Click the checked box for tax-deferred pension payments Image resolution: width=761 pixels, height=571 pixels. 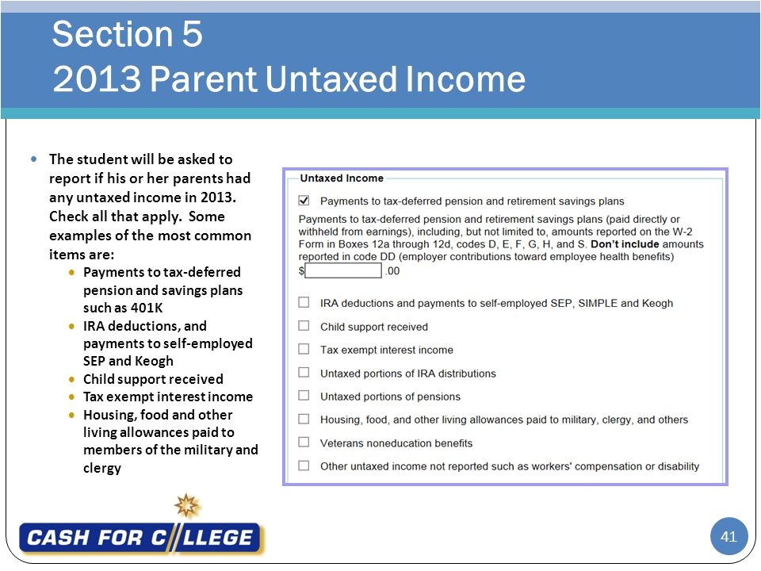click(x=304, y=201)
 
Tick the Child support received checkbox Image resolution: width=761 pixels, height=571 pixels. click(x=304, y=326)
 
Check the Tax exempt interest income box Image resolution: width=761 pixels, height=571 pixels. click(x=304, y=349)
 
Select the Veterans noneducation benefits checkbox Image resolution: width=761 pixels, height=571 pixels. click(x=304, y=443)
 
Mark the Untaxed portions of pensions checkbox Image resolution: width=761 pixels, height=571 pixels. click(x=304, y=396)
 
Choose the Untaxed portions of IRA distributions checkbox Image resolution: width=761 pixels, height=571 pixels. click(x=304, y=373)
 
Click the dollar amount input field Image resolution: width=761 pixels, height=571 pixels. click(x=343, y=270)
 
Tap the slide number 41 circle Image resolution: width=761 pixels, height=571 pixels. click(x=728, y=537)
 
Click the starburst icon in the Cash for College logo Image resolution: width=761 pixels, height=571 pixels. click(x=188, y=505)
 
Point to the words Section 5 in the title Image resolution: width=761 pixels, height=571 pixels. click(x=127, y=34)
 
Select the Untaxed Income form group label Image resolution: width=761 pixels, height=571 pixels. click(x=341, y=178)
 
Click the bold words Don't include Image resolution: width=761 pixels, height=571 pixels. click(x=625, y=244)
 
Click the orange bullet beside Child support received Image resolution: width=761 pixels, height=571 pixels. click(x=73, y=379)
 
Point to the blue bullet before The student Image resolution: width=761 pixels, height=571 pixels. click(x=33, y=159)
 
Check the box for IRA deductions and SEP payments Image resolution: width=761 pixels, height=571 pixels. click(x=304, y=302)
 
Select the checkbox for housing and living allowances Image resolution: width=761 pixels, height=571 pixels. click(x=304, y=419)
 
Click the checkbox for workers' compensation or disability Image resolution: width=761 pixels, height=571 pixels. click(x=304, y=466)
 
